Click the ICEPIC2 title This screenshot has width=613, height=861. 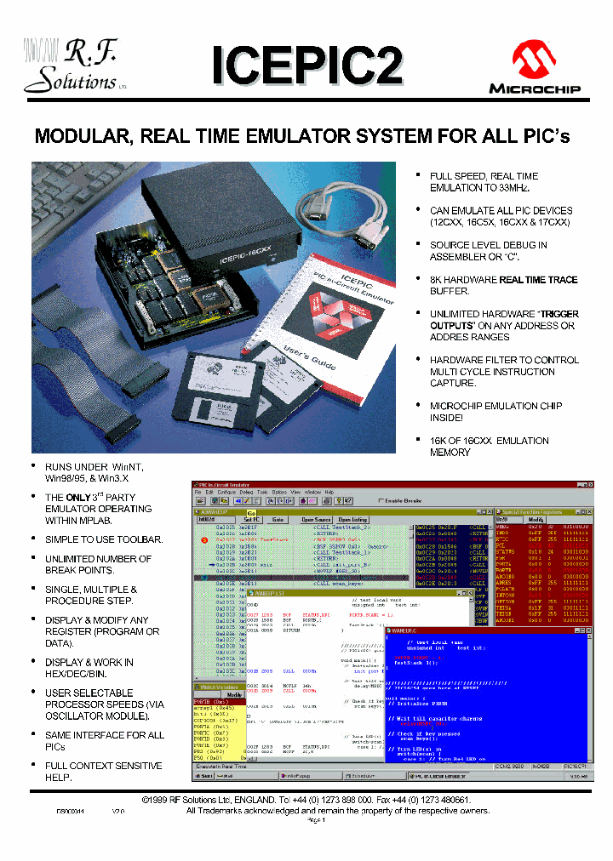coord(306,66)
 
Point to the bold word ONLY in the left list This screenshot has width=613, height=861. coord(78,497)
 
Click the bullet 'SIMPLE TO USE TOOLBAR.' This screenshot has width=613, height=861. coord(103,539)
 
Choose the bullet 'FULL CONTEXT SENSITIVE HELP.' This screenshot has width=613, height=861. coord(103,772)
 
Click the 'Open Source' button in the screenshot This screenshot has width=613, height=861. coord(316,520)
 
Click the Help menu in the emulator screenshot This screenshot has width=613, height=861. coord(329,493)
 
